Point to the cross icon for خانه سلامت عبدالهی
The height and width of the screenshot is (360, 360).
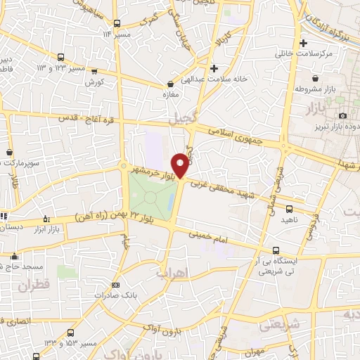coord(213,68)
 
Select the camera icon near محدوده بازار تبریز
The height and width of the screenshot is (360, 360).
coord(342,115)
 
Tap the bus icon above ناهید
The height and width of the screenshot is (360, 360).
coord(289,208)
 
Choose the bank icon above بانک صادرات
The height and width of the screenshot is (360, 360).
coord(116,285)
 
